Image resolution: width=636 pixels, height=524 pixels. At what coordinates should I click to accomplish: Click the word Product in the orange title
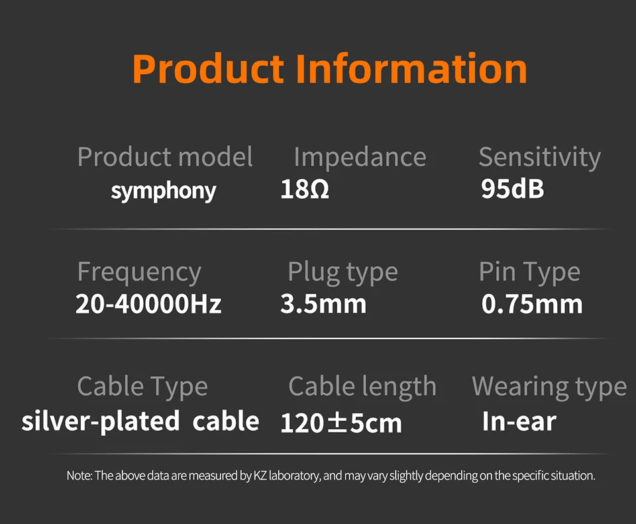[x=209, y=68]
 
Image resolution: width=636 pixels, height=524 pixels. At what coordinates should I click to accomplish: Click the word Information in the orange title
[x=411, y=68]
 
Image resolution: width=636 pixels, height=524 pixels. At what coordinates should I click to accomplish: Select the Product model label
[x=165, y=157]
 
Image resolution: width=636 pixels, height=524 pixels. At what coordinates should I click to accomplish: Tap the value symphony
[x=164, y=191]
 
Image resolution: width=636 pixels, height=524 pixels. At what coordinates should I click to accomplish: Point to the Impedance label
[x=360, y=157]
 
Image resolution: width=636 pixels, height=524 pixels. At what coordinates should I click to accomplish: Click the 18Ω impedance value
[x=305, y=189]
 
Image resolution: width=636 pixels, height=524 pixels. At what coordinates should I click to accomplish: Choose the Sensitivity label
[x=540, y=158]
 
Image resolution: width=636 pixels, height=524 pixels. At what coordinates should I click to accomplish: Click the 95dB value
[x=513, y=189]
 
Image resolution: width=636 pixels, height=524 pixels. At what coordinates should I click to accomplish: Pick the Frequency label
[x=139, y=272]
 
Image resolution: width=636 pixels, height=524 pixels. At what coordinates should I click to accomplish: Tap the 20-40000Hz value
[x=148, y=304]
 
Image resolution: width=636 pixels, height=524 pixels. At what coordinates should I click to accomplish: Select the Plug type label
[x=343, y=272]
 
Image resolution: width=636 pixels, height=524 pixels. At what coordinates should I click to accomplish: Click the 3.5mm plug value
[x=323, y=304]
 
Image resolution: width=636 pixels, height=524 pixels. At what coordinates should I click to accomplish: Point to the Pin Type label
[x=530, y=272]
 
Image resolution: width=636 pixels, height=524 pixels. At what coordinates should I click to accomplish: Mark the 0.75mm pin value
[x=532, y=304]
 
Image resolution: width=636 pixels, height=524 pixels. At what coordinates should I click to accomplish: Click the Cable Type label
[x=142, y=386]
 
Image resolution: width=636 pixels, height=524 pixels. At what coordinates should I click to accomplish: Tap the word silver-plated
[x=101, y=421]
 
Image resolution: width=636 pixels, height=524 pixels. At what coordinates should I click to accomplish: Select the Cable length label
[x=362, y=386]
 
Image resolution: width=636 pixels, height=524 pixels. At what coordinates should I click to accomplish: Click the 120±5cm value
[x=341, y=423]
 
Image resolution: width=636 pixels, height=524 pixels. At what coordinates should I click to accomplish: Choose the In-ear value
[x=519, y=422]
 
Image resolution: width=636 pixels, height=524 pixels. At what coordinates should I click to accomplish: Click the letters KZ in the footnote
[x=260, y=476]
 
